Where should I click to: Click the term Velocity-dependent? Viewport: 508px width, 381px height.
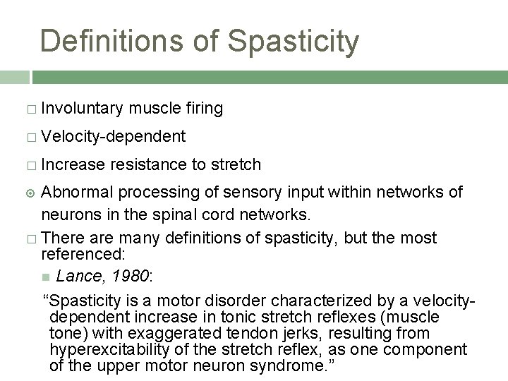pos(114,136)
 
